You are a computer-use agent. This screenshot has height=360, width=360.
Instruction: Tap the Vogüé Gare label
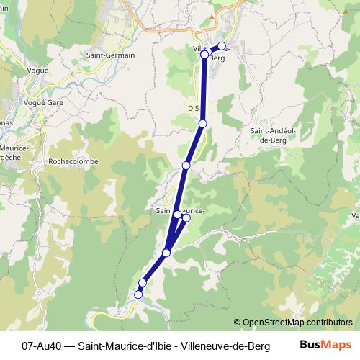45,102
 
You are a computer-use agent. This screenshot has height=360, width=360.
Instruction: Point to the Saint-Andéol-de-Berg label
271,135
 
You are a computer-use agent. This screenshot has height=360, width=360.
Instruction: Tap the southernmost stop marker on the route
138,294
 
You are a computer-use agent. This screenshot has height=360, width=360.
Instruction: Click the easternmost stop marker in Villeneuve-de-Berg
222,46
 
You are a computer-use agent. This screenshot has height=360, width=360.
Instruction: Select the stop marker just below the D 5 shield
202,125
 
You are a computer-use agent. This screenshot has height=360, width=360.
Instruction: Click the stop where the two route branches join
166,253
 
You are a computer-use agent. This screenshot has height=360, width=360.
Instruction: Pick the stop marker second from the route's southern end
143,283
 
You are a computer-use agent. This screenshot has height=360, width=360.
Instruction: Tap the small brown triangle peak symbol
211,14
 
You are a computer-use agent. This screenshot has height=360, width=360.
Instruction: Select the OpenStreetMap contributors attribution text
297,322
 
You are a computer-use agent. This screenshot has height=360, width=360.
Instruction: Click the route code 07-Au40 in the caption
42,346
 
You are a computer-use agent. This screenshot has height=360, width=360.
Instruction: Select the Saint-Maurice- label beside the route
180,210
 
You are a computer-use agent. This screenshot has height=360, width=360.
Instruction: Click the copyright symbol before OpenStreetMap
237,322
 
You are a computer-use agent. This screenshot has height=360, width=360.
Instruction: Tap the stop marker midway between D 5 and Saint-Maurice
186,166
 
